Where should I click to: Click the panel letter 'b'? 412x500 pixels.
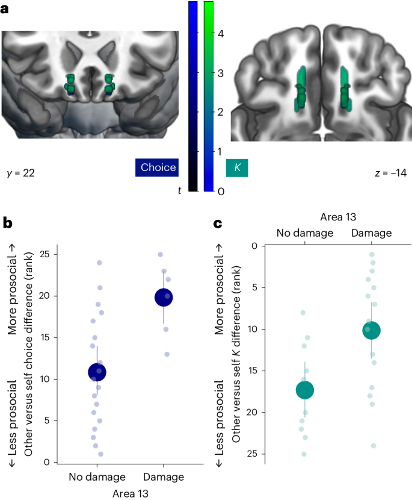(8, 223)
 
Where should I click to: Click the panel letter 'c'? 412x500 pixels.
(220, 223)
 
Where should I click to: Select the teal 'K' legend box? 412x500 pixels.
(237, 167)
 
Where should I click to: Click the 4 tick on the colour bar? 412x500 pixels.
(221, 34)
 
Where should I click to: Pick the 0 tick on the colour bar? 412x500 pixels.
(221, 191)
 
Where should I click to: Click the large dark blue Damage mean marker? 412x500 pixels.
(164, 296)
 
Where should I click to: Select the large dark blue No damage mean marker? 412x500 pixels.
(97, 372)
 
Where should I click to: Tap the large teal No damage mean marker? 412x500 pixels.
(305, 390)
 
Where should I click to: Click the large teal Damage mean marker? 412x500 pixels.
(372, 330)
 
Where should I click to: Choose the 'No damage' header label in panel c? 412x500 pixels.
(305, 233)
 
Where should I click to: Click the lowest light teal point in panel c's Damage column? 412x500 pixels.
(374, 446)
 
